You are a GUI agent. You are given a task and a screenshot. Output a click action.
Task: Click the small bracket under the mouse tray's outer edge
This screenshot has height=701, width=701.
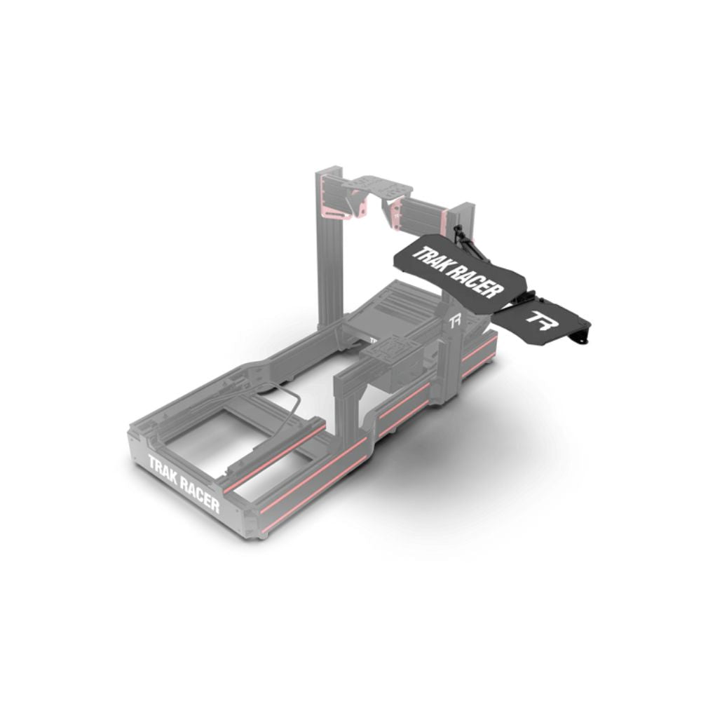point(580,337)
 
